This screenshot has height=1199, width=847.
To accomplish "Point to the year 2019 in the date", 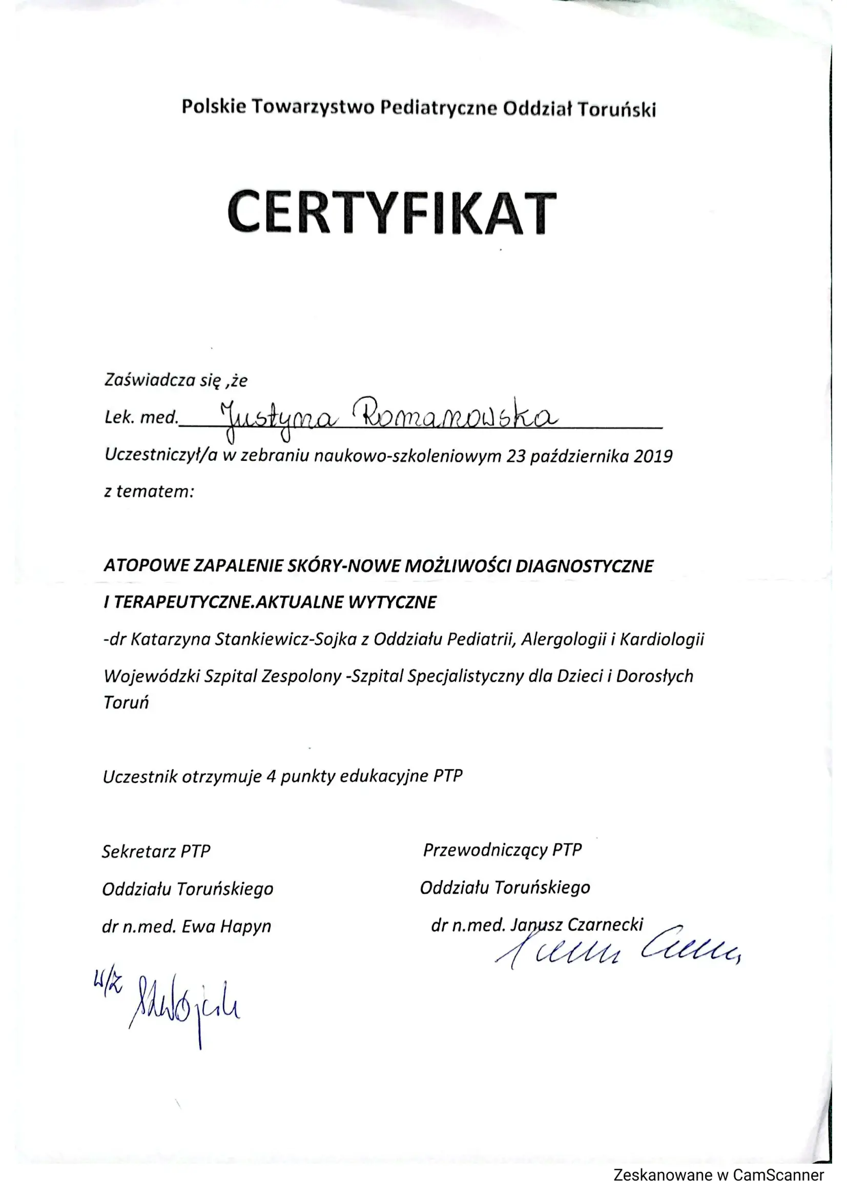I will pos(653,456).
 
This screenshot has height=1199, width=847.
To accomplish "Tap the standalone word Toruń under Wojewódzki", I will pos(126,703).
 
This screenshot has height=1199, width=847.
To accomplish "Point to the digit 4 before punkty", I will pos(271,777).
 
